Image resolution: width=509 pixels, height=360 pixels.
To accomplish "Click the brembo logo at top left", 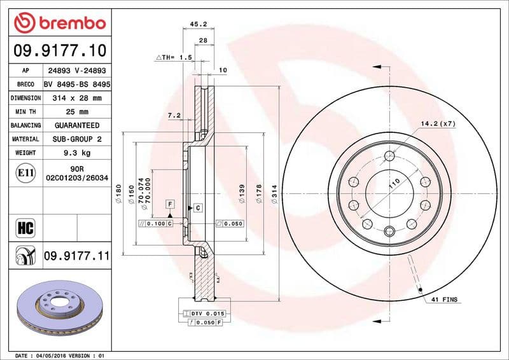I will coord(59,24).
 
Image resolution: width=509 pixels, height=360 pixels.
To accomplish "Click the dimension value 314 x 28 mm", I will coord(76,99).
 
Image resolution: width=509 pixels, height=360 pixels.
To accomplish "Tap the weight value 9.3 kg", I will coord(76,153).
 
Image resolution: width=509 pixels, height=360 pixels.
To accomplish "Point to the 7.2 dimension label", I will coord(174,115).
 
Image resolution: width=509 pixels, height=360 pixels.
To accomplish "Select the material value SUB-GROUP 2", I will coord(76,139).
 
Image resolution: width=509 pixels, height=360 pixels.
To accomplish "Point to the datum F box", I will coord(170,204).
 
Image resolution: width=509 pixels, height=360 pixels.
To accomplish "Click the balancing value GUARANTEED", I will coord(76,125).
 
